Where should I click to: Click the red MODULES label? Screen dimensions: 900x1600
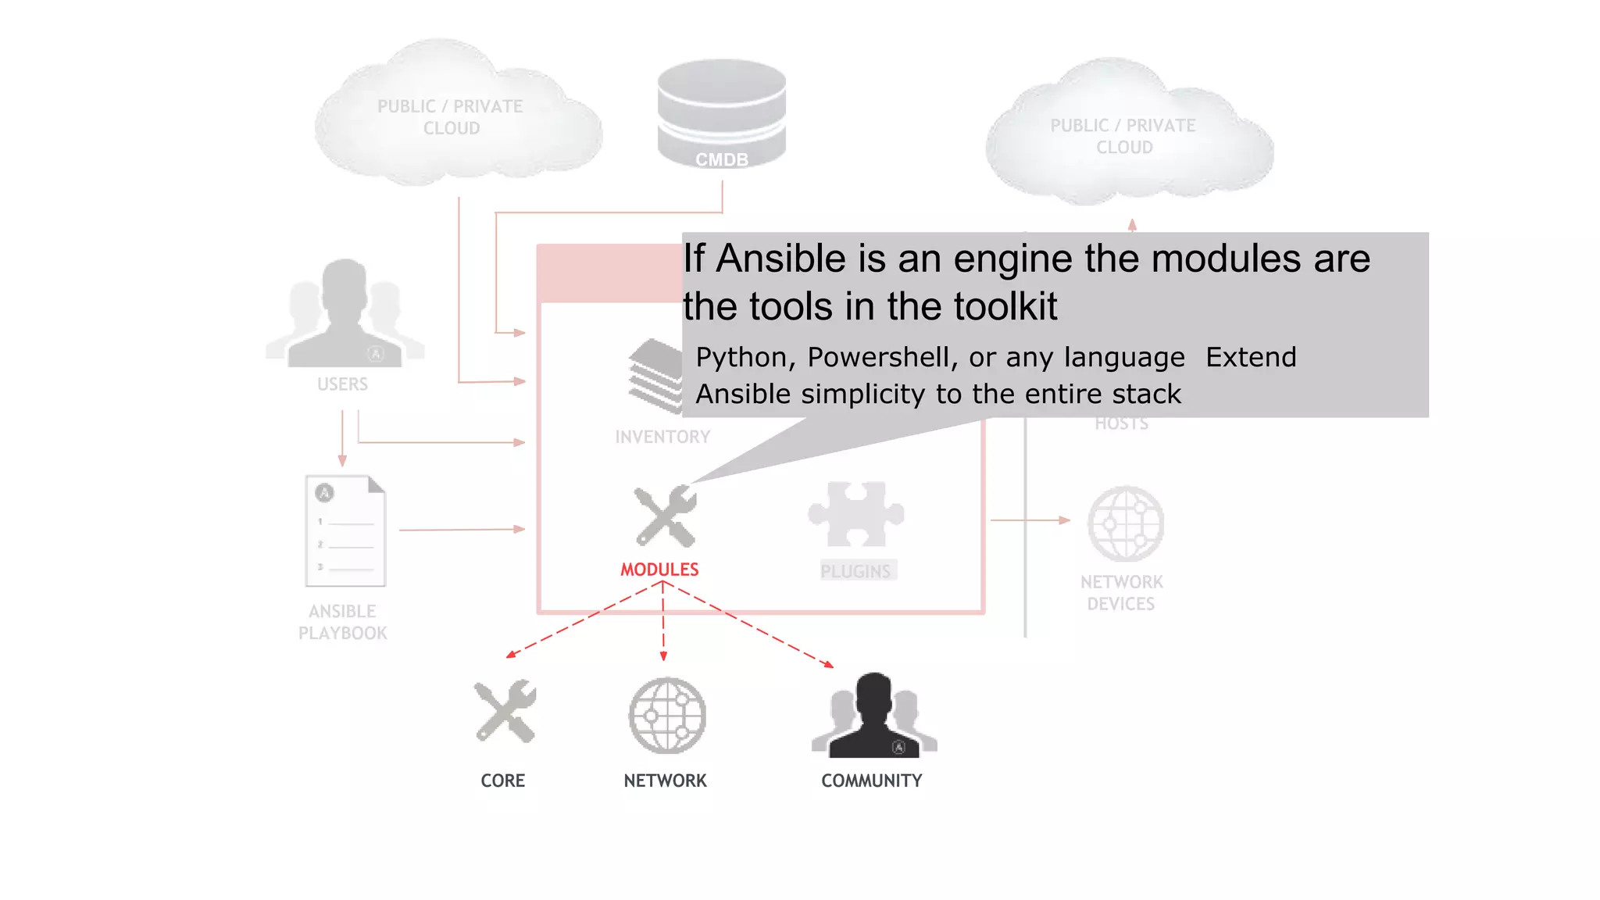tap(659, 570)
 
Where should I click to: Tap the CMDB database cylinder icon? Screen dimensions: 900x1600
tap(721, 113)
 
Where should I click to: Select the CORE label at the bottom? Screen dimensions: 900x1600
tap(502, 780)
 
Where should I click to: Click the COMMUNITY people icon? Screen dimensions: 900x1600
tap(873, 716)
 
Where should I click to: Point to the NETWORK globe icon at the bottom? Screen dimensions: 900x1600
tap(667, 716)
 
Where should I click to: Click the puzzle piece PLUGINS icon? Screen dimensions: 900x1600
tap(856, 514)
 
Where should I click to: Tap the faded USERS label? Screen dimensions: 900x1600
tap(342, 384)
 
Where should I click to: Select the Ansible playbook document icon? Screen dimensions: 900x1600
tap(345, 530)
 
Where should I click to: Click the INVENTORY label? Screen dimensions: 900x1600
tap(662, 437)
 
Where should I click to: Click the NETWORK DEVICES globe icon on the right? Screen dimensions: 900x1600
tap(1125, 523)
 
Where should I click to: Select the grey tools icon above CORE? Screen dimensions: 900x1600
tap(505, 711)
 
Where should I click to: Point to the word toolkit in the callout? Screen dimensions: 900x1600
tap(1005, 306)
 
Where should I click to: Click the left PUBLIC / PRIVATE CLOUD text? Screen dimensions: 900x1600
tap(450, 117)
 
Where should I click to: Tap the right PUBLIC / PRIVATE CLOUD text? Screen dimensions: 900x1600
tap(1123, 137)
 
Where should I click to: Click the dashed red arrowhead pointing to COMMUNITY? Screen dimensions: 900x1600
tap(828, 665)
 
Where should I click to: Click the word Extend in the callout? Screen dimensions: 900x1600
tap(1251, 357)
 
